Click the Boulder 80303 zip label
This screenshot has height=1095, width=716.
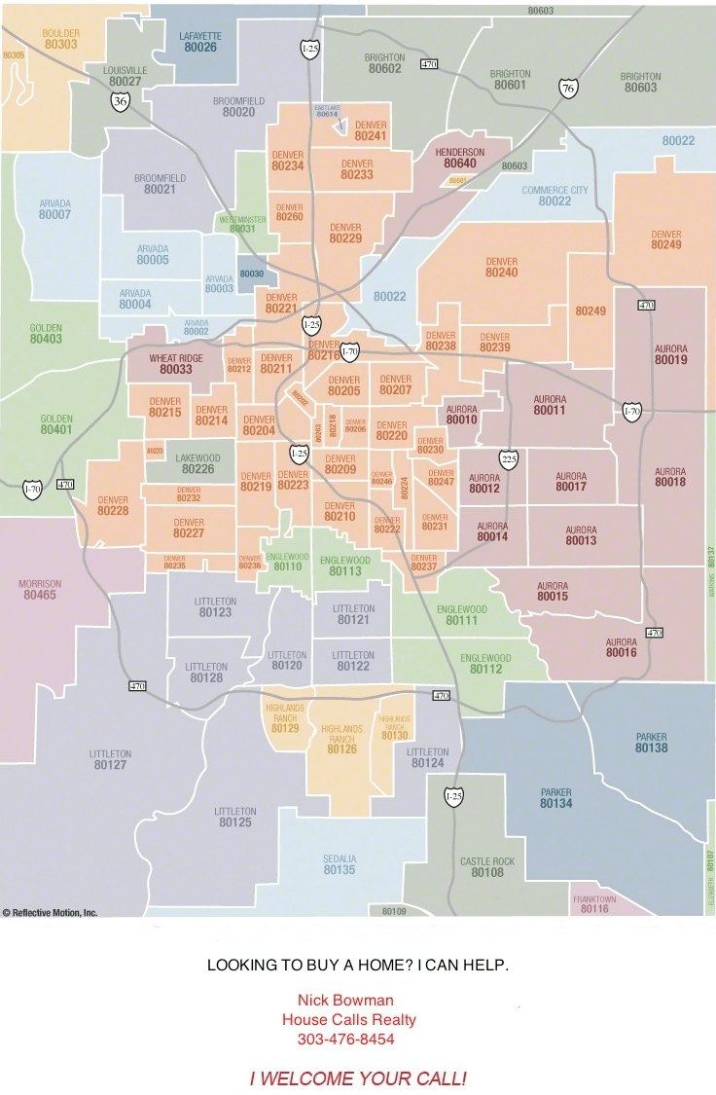(60, 39)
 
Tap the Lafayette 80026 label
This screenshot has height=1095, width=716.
(200, 41)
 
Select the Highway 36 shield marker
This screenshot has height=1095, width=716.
(120, 101)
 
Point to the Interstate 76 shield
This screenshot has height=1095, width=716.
(568, 89)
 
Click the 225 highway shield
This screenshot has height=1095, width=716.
(508, 458)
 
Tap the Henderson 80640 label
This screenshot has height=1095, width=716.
(460, 159)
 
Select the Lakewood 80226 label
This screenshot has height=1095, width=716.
(197, 463)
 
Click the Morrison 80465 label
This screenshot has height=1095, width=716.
(40, 589)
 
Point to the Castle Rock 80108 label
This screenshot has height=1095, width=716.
(487, 867)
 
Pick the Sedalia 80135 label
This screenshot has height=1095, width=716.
(340, 864)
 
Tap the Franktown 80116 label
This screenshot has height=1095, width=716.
(594, 904)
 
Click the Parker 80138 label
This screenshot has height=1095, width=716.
(651, 743)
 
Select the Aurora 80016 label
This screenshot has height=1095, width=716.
(621, 648)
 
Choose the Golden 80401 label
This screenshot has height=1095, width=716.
(56, 424)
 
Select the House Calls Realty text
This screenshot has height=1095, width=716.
(348, 1020)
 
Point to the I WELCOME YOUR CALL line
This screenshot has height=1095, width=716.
(358, 1078)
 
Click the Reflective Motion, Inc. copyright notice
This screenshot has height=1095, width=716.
(51, 913)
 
